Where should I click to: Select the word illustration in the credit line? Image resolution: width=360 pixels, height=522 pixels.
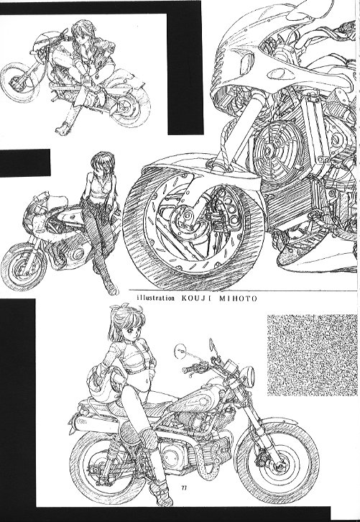point(156,298)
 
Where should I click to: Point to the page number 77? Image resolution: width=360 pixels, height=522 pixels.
point(184,488)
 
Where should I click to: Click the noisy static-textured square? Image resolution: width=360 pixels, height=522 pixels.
point(312,355)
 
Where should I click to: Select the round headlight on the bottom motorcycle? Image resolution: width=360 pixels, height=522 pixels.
point(249,377)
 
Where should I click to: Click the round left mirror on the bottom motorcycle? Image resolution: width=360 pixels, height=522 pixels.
point(180,351)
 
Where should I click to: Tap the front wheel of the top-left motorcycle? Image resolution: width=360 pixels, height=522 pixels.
point(17,83)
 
